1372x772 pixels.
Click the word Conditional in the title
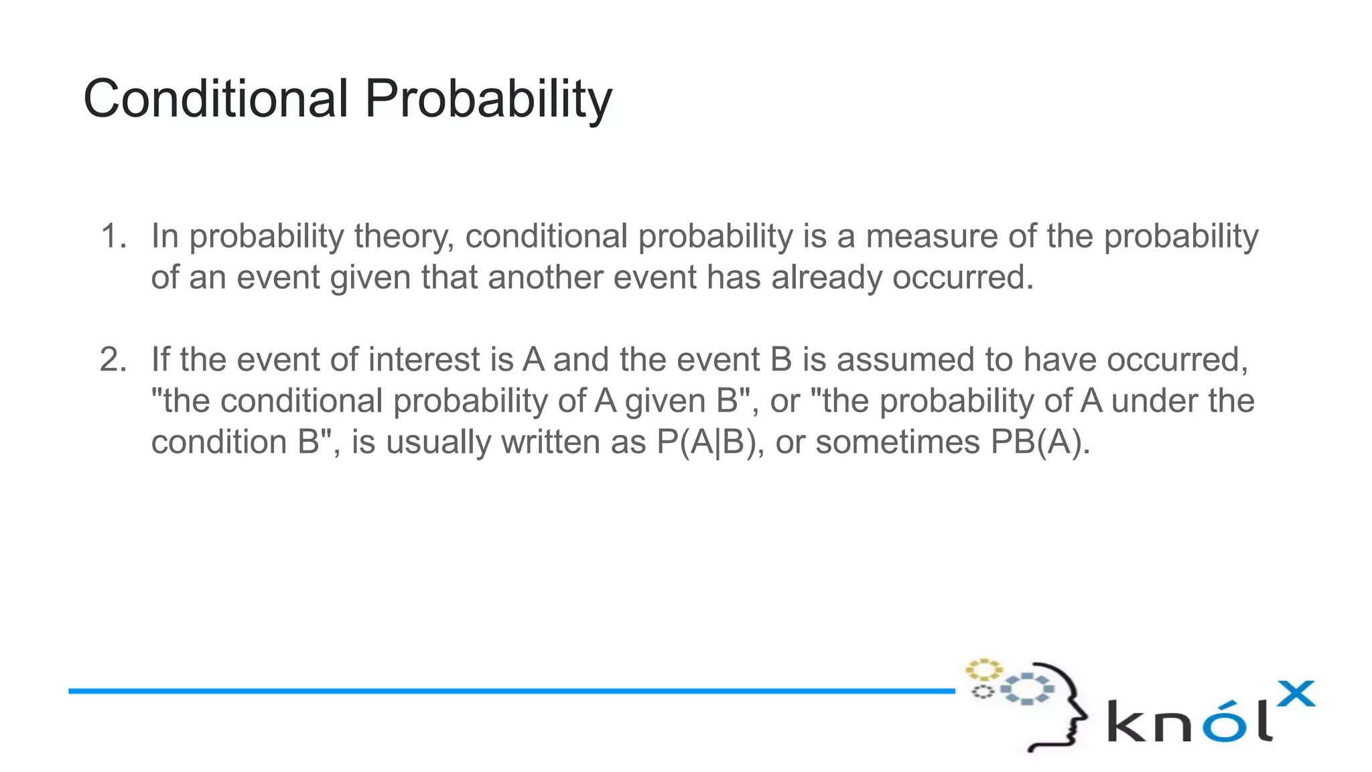(x=215, y=99)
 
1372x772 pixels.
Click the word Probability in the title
(x=488, y=99)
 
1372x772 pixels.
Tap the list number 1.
(x=111, y=237)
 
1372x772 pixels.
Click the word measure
(x=930, y=237)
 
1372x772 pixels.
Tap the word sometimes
(x=898, y=442)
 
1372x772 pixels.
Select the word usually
(x=438, y=442)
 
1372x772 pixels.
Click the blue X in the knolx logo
(x=1296, y=694)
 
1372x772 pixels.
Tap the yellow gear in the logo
(x=983, y=669)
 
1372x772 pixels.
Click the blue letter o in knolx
(x=1223, y=722)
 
